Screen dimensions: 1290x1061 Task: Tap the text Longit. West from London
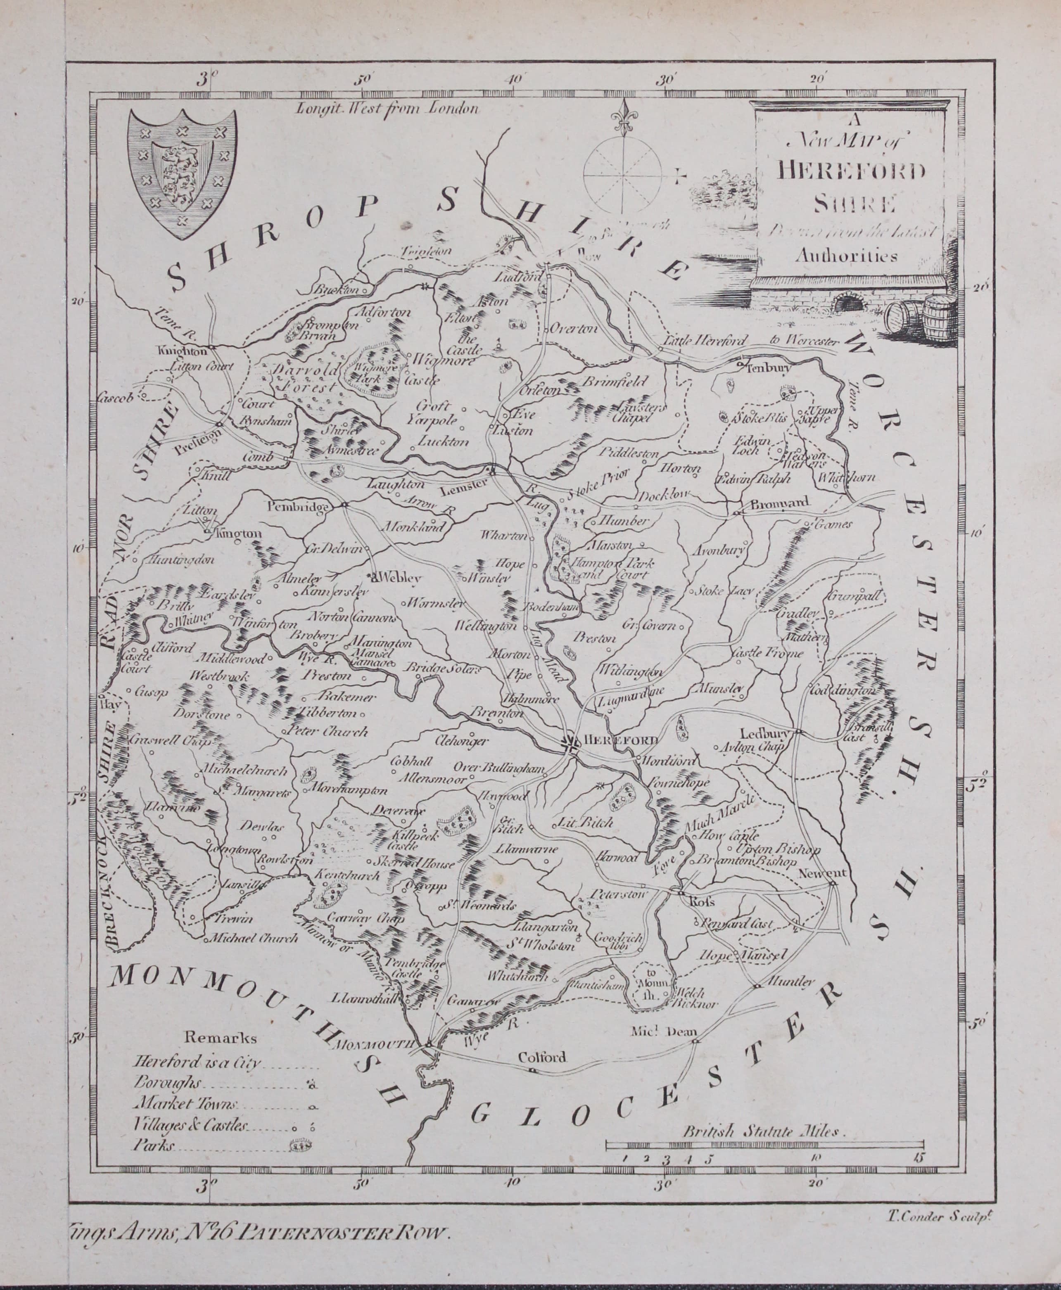(x=386, y=108)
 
